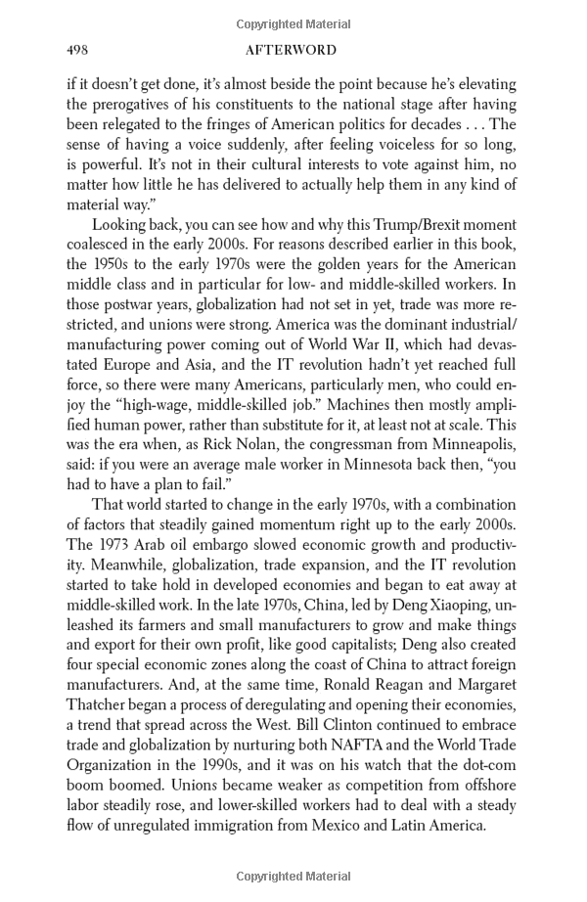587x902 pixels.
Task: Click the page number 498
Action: pos(78,50)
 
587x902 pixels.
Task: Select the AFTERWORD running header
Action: pos(293,50)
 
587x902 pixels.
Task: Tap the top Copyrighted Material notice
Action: pos(293,23)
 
